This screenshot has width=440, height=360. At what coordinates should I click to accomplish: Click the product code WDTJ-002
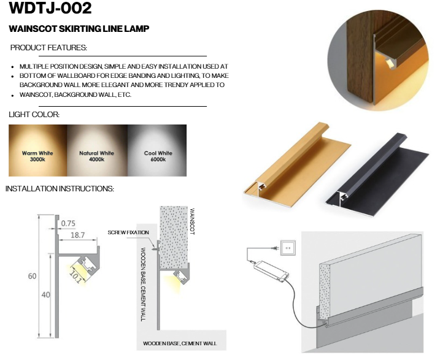pyautogui.click(x=50, y=7)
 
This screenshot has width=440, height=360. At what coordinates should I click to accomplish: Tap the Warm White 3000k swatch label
pyautogui.click(x=37, y=156)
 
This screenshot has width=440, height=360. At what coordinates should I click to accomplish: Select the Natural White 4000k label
pyautogui.click(x=96, y=156)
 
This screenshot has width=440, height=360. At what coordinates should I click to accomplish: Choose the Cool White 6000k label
pyautogui.click(x=158, y=156)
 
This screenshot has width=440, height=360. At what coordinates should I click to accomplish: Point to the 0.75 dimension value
pyautogui.click(x=68, y=223)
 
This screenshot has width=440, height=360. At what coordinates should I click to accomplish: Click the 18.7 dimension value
pyautogui.click(x=77, y=235)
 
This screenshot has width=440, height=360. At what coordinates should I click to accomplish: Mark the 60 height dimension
pyautogui.click(x=32, y=276)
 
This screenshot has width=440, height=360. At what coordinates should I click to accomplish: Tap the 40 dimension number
pyautogui.click(x=45, y=294)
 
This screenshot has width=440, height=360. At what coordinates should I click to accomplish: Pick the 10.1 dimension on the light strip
pyautogui.click(x=75, y=276)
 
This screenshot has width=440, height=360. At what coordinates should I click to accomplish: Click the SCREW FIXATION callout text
pyautogui.click(x=128, y=232)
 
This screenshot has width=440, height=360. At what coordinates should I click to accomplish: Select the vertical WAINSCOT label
pyautogui.click(x=192, y=221)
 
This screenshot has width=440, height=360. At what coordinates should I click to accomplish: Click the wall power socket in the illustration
pyautogui.click(x=288, y=248)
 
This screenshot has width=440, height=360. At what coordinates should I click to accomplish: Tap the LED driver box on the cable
pyautogui.click(x=271, y=270)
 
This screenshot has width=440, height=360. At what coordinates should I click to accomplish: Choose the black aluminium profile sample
pyautogui.click(x=377, y=175)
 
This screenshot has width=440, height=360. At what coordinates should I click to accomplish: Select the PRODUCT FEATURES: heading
pyautogui.click(x=48, y=48)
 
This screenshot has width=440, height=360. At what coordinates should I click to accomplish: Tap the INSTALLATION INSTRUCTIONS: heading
pyautogui.click(x=60, y=189)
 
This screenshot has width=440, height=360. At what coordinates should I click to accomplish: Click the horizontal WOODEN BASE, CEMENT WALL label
pyautogui.click(x=180, y=343)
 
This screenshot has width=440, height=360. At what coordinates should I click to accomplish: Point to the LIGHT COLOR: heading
pyautogui.click(x=34, y=115)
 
